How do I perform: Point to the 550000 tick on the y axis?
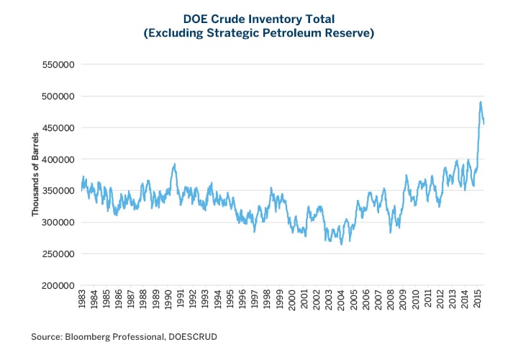pos(60,65)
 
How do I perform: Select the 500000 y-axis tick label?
pos(60,96)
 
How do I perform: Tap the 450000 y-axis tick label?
pos(60,128)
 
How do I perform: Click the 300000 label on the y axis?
pos(60,222)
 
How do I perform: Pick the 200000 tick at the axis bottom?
pos(60,286)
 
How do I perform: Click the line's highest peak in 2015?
pos(481,102)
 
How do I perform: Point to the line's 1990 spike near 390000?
pos(174,165)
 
